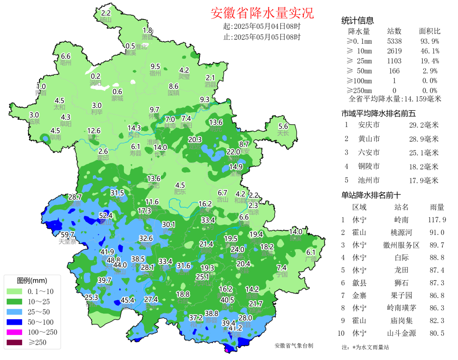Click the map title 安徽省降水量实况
(x=262, y=14)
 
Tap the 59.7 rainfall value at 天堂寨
(x=68, y=235)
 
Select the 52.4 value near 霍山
(x=106, y=216)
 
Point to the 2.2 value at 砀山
(x=106, y=13)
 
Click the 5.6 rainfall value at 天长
(x=283, y=126)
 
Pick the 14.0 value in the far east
(x=296, y=232)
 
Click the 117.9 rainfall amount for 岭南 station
(x=437, y=220)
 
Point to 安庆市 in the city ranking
(x=369, y=125)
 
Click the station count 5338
(x=394, y=41)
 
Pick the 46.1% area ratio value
(x=429, y=51)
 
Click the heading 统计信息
(x=357, y=21)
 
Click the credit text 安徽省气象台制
(x=294, y=346)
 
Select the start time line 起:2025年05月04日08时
(x=262, y=26)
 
